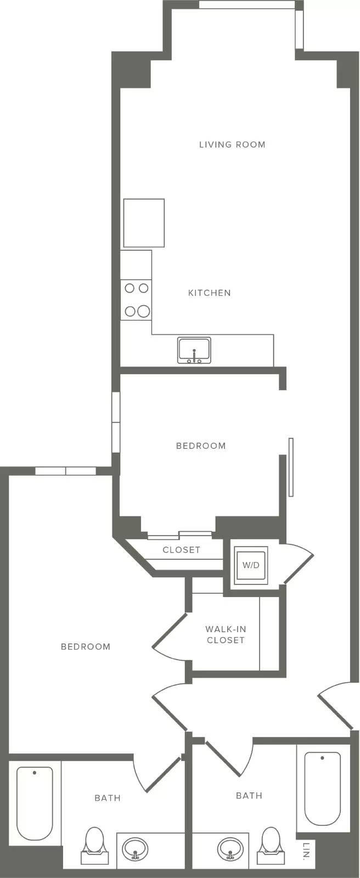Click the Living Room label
[x=232, y=145]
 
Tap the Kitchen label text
[x=210, y=293]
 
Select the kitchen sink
[x=194, y=350]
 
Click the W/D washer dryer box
[x=251, y=565]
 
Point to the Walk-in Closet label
[x=226, y=634]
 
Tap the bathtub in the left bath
[x=35, y=803]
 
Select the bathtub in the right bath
[x=322, y=789]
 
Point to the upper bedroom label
[x=201, y=446]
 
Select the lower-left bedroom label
[x=86, y=646]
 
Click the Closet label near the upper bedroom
[x=182, y=550]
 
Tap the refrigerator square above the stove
[x=144, y=223]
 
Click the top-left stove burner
[x=130, y=288]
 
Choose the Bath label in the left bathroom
[x=108, y=798]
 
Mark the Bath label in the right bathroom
[x=249, y=795]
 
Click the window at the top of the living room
[x=247, y=4]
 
